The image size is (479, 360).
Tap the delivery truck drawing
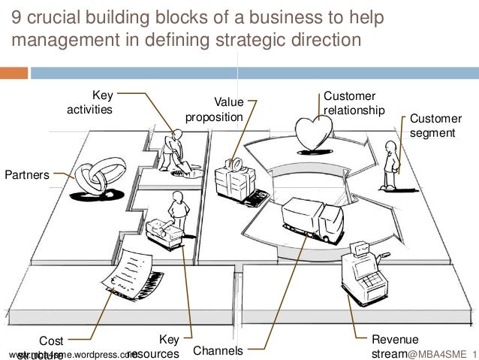click(312, 217)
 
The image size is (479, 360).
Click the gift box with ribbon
click(235, 179)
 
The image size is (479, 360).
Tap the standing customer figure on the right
click(390, 168)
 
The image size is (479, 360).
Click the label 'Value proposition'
click(215, 110)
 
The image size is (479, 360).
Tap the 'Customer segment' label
click(436, 126)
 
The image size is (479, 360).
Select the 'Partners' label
click(27, 175)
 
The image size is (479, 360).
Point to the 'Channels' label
click(218, 350)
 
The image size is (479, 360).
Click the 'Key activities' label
click(89, 102)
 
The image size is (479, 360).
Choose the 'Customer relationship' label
click(354, 103)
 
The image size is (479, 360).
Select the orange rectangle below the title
click(14, 73)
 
